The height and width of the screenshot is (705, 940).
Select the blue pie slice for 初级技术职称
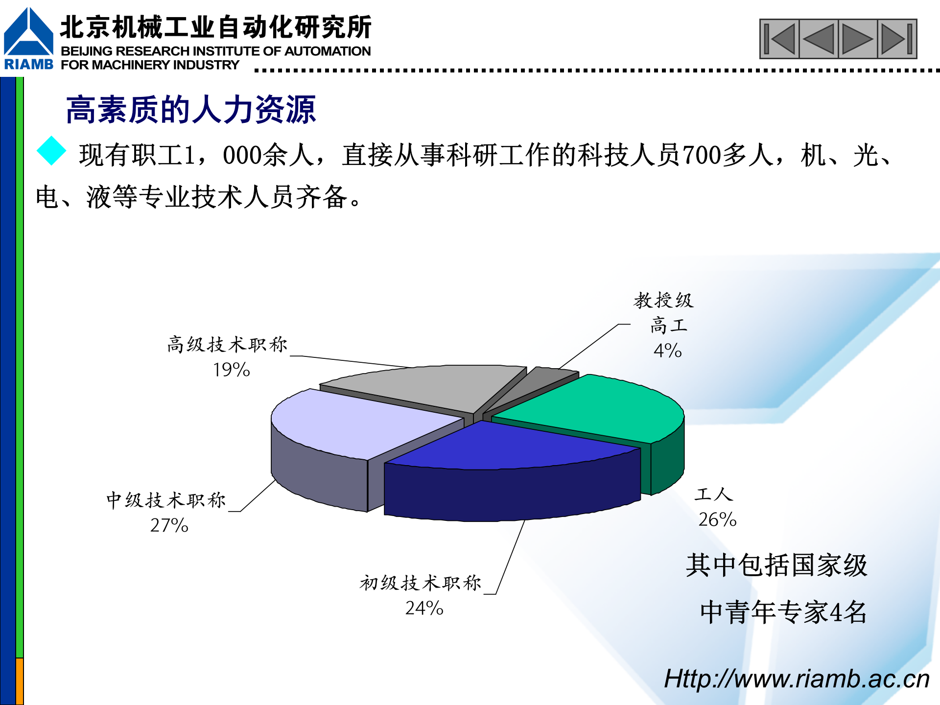(x=509, y=446)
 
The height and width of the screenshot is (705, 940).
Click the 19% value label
(x=231, y=370)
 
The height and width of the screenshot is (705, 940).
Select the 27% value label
(x=169, y=525)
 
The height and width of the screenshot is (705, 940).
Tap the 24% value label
(x=424, y=608)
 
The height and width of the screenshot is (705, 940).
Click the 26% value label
(x=717, y=519)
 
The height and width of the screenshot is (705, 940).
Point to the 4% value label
(x=667, y=351)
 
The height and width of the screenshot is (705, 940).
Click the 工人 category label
(x=713, y=494)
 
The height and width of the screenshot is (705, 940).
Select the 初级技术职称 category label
(x=421, y=583)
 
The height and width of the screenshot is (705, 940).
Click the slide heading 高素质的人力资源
(x=191, y=110)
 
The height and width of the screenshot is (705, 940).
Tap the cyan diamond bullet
(x=51, y=151)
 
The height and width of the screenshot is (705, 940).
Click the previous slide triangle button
(x=819, y=39)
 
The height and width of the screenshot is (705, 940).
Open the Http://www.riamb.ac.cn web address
(x=796, y=679)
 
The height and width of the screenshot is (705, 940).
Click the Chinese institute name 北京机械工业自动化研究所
(x=215, y=27)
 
